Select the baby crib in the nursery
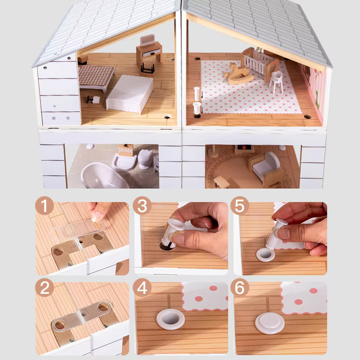point(260,63)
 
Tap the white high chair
point(277,81)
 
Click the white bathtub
point(103,175)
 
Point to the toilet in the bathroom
point(145,159)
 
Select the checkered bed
point(96,77)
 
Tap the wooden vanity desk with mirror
point(149,50)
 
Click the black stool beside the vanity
point(147,68)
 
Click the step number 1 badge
point(44,206)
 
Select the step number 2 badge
point(44,288)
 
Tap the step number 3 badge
point(142,206)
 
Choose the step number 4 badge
point(142,288)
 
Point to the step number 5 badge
point(240,206)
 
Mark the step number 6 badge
point(240,288)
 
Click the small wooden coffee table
point(221,181)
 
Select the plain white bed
point(130,94)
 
